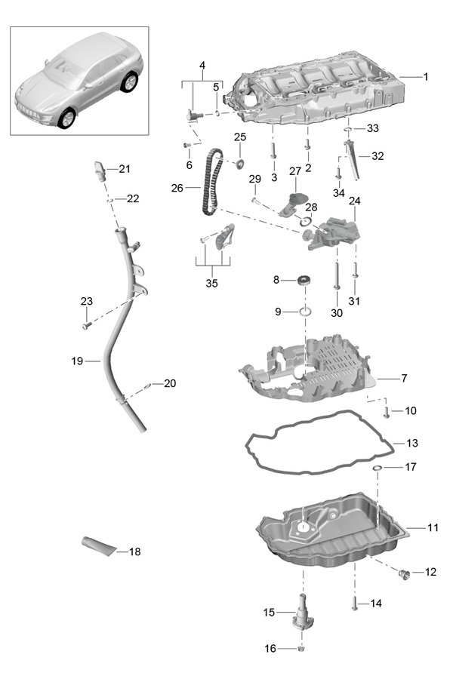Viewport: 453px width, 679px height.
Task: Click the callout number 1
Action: tap(425, 76)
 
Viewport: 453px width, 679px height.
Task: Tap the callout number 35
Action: tap(211, 284)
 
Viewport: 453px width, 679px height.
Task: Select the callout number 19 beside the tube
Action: tap(77, 361)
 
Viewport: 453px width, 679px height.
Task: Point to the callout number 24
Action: tap(354, 201)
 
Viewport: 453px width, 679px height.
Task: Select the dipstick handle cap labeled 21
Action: tap(99, 168)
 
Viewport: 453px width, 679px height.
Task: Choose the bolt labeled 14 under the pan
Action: tap(353, 602)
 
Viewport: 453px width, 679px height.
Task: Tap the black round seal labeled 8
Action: tap(305, 281)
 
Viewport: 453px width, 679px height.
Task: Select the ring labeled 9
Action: tap(305, 312)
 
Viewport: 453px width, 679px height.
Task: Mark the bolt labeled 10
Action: tap(386, 411)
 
